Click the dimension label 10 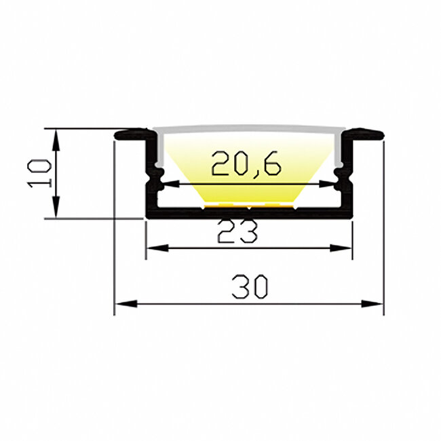pos(39,173)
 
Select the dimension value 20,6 pos(246,164)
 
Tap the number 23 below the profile pos(237,232)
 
